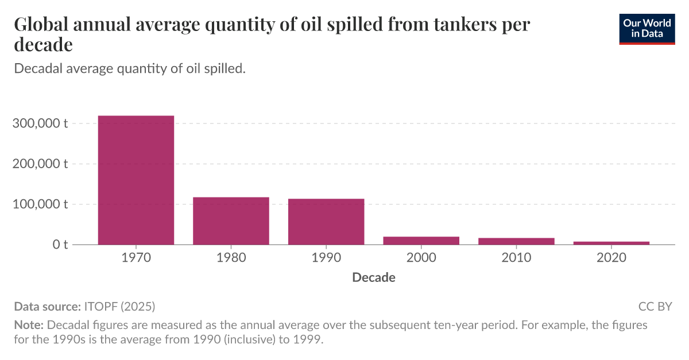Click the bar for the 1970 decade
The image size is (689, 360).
(136, 180)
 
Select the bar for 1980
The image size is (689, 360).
(231, 220)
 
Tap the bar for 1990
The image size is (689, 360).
(326, 222)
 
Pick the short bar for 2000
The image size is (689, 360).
(421, 241)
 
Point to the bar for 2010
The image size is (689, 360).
(516, 241)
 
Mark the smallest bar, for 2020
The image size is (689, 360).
(611, 243)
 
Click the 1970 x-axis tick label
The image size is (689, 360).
(136, 258)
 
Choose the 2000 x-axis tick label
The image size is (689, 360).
(421, 258)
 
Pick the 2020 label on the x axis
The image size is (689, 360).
(611, 258)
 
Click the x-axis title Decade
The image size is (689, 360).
(374, 278)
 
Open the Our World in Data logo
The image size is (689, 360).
(647, 29)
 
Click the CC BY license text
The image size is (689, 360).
(655, 306)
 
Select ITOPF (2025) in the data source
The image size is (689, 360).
(119, 306)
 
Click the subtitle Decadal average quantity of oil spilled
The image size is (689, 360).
(130, 68)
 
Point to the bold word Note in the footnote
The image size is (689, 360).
(25, 325)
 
